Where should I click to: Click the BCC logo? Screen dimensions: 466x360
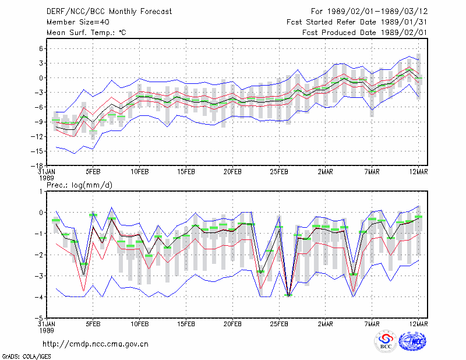click(x=386, y=342)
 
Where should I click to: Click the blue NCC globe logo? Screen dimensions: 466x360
click(x=412, y=341)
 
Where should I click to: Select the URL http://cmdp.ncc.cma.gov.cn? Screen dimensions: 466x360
click(x=96, y=344)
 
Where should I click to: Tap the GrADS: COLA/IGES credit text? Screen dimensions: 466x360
click(x=26, y=357)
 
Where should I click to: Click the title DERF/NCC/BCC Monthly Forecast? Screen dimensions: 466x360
click(x=109, y=12)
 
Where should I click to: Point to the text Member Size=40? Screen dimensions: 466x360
click(x=78, y=22)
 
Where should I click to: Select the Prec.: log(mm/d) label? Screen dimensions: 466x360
click(x=79, y=185)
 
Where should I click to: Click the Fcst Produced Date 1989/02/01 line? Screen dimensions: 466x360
click(x=365, y=33)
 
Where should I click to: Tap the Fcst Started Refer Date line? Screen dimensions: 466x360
click(x=357, y=22)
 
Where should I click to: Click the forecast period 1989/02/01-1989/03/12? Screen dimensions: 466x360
click(x=377, y=12)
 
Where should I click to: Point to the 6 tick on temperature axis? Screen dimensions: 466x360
click(x=41, y=49)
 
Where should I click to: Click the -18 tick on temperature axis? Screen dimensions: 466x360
click(x=37, y=165)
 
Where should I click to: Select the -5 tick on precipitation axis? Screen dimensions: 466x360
click(x=38, y=318)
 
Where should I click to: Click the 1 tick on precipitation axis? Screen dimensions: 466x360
click(x=41, y=192)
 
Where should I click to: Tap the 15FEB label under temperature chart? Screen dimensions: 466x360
click(x=186, y=172)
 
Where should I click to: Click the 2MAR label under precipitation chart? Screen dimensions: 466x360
click(x=326, y=324)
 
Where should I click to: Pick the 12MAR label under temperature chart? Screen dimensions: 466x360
click(x=418, y=172)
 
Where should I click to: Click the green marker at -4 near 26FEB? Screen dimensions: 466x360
click(x=288, y=295)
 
